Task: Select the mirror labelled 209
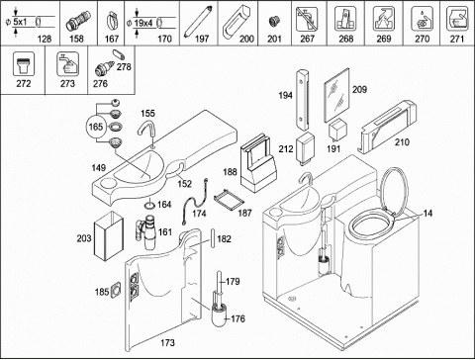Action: click(336, 95)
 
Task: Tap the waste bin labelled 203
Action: click(109, 236)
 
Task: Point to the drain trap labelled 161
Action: click(147, 232)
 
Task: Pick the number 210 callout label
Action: click(402, 142)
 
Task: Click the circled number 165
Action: click(96, 127)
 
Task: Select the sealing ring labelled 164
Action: click(149, 205)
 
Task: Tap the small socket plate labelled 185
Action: click(116, 291)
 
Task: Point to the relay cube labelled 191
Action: click(336, 129)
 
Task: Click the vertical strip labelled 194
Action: click(303, 100)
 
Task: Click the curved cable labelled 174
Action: click(193, 200)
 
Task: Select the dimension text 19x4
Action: click(143, 23)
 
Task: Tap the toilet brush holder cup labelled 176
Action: click(219, 315)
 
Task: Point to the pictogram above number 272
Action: click(23, 63)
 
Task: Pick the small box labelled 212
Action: click(306, 147)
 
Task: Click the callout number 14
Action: click(427, 214)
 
